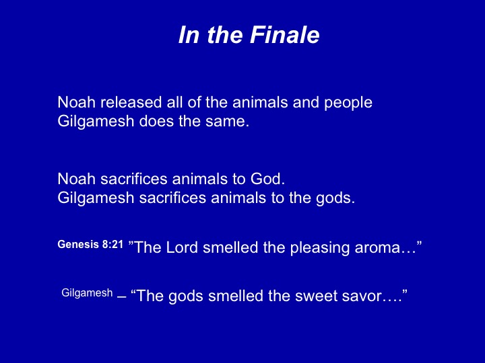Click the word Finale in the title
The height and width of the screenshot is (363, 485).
point(284,34)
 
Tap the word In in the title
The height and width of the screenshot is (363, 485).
point(189,34)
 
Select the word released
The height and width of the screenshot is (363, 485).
point(131,102)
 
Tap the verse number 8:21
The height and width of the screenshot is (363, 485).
point(112,244)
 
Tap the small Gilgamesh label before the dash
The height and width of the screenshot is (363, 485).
point(87,293)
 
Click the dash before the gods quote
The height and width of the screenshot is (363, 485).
point(121,296)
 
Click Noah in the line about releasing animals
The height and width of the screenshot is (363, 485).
point(76,102)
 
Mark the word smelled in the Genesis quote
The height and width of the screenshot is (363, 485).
point(230,247)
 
